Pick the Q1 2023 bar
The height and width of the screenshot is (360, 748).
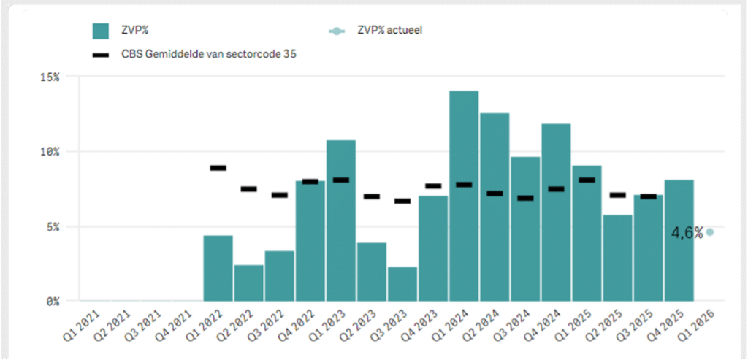[341, 220]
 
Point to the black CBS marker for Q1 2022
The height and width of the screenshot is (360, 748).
[218, 168]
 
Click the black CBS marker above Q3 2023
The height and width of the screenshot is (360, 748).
[402, 201]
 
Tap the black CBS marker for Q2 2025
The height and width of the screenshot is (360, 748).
[617, 195]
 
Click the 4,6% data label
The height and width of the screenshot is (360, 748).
[687, 233]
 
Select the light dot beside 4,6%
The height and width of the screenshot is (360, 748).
[709, 232]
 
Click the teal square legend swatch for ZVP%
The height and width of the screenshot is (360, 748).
[100, 31]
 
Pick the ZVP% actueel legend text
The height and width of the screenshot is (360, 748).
[389, 31]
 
